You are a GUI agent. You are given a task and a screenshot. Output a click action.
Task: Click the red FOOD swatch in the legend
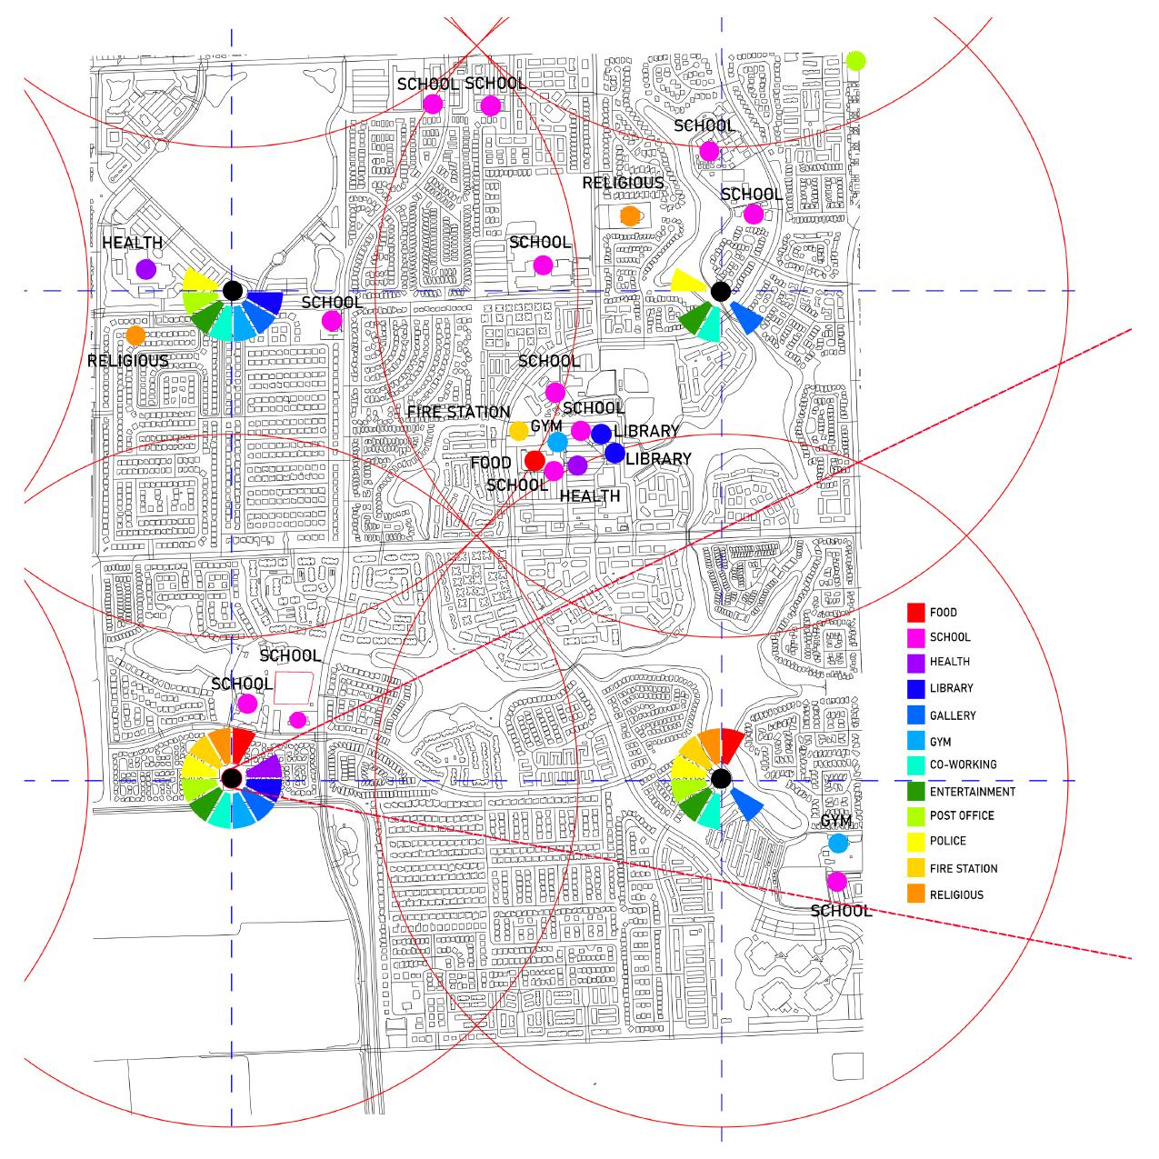pos(915,612)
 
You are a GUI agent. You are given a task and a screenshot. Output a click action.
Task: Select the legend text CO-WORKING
pos(963,764)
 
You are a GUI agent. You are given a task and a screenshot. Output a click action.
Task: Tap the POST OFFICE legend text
pos(962,815)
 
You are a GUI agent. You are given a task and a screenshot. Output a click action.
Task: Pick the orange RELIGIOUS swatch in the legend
pos(915,894)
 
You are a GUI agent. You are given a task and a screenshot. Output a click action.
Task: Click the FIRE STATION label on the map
pos(458,412)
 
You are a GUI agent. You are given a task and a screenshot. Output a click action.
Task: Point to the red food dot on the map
pos(535,461)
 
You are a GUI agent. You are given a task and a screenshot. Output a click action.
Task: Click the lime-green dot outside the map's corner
pos(855,61)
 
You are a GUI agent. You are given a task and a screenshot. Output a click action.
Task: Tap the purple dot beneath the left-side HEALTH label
pos(145,269)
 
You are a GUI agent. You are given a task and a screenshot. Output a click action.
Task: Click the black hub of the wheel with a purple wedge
pos(232,778)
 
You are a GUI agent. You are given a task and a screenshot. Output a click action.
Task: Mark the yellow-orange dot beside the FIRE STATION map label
pos(518,430)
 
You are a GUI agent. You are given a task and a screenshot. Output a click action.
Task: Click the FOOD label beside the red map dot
pos(491,464)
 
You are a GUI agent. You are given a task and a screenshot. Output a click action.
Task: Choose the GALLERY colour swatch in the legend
pos(915,715)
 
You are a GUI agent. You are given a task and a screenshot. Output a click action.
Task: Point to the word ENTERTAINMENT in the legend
pos(972,792)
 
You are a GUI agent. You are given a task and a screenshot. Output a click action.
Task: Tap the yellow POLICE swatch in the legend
pos(915,841)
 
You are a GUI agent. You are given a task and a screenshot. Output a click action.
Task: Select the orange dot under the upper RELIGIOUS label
pos(629,215)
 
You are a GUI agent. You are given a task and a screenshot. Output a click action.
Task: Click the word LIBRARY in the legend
pos(951,688)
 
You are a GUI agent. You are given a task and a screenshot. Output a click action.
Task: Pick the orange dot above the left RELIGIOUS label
pos(135,335)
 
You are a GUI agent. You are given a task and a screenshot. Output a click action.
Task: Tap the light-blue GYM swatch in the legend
pos(915,742)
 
